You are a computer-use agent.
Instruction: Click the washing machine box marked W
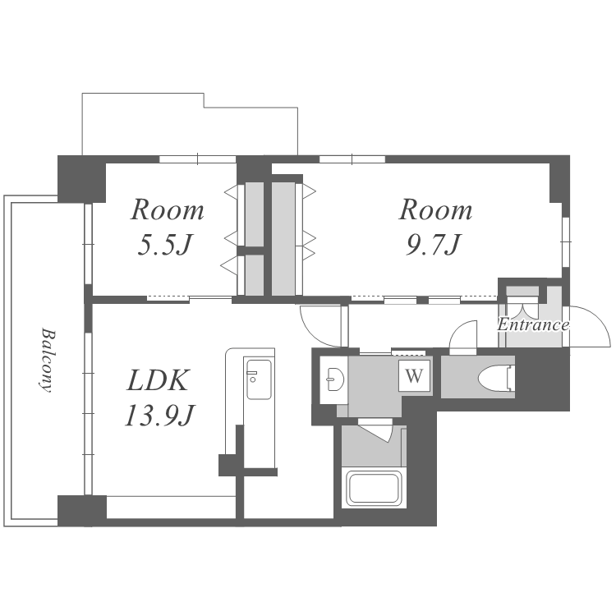(414, 375)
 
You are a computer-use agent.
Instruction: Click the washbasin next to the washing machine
(334, 379)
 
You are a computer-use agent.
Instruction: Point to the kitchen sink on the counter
(258, 379)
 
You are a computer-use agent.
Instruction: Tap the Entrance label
(533, 324)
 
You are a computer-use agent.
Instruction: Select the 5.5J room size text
(165, 246)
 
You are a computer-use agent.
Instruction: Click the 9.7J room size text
(434, 245)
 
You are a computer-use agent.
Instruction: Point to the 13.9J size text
(159, 416)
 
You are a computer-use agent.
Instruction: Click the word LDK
(158, 380)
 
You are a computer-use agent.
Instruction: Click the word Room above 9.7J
(435, 209)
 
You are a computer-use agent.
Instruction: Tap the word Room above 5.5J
(167, 210)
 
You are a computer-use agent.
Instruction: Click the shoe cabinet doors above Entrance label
(522, 304)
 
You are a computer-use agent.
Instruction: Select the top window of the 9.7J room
(352, 159)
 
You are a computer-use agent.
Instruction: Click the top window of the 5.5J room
(198, 159)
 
